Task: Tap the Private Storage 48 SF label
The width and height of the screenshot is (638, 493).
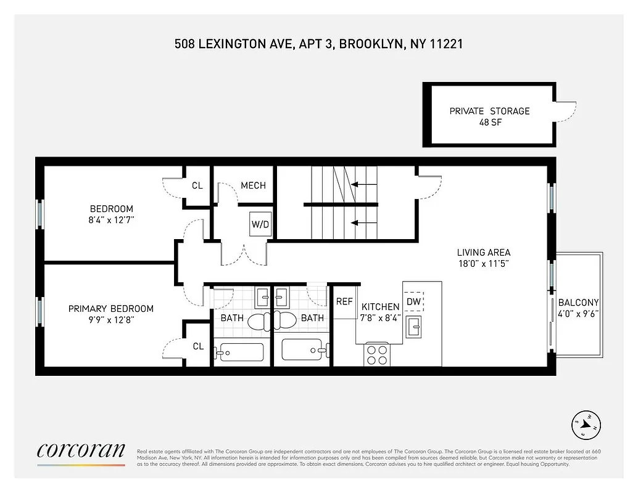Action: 489,116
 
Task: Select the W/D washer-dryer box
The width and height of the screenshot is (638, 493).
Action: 260,224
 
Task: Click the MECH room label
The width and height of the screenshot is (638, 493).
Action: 253,185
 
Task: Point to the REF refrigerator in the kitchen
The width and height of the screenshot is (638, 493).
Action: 344,302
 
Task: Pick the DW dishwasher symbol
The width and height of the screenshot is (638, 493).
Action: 414,301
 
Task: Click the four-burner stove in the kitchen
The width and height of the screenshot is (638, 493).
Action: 376,354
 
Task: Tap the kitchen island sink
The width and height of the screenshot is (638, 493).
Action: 414,327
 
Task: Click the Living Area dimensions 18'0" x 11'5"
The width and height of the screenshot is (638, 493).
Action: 483,264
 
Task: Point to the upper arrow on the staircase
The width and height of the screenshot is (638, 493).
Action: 364,184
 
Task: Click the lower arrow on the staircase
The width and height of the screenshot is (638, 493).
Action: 364,223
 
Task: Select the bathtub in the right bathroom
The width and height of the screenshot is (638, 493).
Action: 302,350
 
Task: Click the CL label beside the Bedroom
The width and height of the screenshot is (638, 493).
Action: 197,185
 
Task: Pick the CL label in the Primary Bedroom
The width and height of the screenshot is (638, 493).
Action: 198,346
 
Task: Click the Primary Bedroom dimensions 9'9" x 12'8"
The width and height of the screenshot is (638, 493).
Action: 111,320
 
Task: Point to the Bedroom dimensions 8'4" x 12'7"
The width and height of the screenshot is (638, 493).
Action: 111,220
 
